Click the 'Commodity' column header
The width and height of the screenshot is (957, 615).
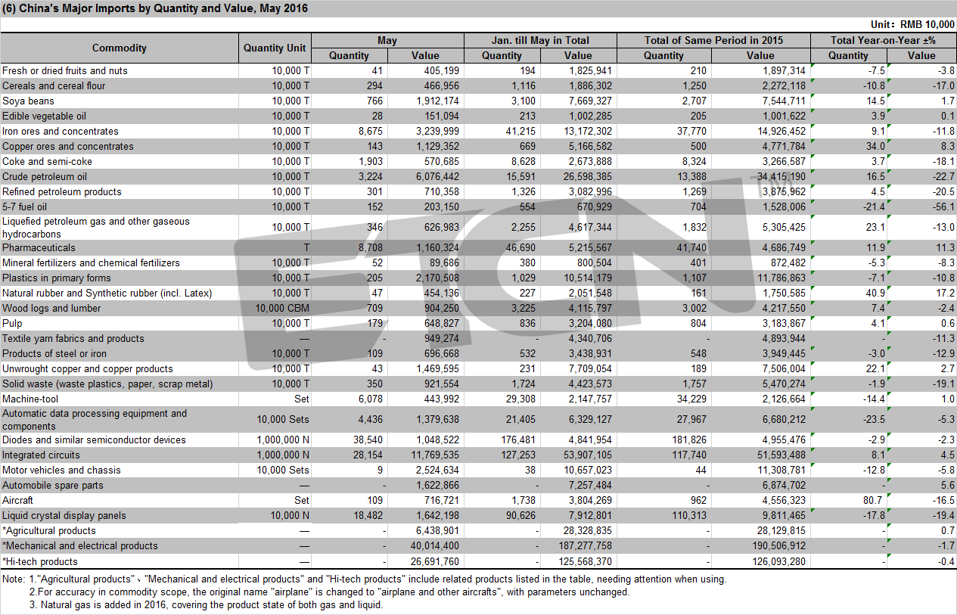pos(120,48)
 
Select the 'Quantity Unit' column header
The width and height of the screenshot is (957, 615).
pos(275,48)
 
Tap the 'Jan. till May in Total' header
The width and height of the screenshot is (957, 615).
pos(540,40)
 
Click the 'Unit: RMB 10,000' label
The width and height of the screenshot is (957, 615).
pos(912,24)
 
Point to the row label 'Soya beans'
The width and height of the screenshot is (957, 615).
pos(28,101)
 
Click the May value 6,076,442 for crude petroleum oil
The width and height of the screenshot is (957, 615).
pos(437,176)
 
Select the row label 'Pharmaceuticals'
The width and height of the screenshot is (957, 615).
pos(39,247)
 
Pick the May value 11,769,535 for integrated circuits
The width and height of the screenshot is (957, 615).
pos(435,455)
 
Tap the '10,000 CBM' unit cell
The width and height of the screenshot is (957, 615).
pos(282,308)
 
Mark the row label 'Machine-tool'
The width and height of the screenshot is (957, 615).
pos(30,399)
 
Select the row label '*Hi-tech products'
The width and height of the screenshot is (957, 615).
pos(40,561)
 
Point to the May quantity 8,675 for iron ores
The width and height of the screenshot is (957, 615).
pos(371,131)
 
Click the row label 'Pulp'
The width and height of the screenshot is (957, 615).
pos(12,323)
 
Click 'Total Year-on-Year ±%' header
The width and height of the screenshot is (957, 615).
pos(883,40)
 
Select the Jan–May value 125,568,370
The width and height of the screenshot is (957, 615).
pos(586,561)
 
